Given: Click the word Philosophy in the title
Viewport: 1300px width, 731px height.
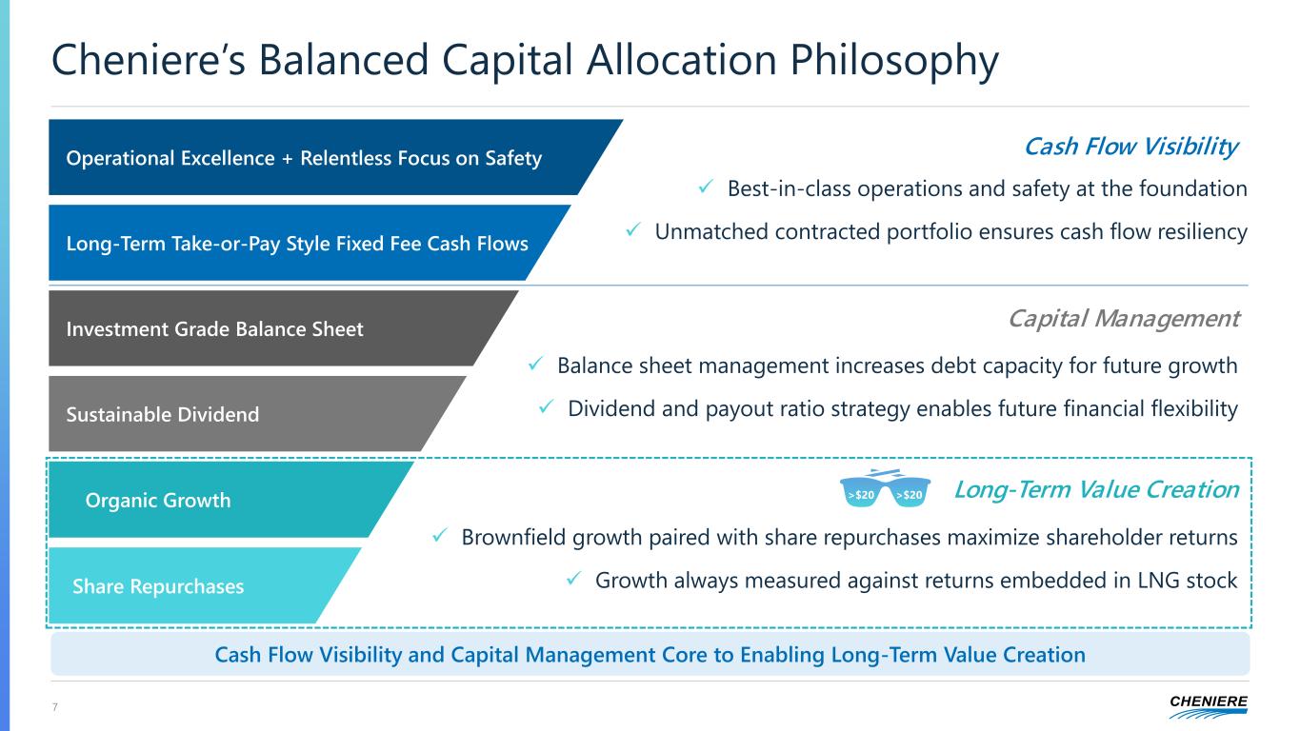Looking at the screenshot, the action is [893, 60].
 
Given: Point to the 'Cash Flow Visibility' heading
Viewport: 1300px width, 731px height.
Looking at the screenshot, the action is [1131, 147].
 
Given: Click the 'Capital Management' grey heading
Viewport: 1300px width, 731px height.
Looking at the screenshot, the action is [1124, 319].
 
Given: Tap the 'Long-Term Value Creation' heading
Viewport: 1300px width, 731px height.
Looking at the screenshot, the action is [1097, 489].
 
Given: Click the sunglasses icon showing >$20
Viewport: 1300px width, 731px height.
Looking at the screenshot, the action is [885, 488].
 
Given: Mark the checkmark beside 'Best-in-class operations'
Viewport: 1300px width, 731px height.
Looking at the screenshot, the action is [706, 187].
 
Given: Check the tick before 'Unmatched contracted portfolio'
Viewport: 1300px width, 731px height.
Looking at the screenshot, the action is [633, 229].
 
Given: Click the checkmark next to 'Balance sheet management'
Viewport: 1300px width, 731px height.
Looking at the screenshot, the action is [535, 364].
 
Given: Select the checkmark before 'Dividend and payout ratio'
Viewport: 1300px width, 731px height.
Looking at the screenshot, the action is [546, 406].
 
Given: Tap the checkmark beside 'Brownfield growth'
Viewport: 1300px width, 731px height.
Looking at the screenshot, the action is [440, 536].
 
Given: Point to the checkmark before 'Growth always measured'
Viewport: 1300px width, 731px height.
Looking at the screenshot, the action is [573, 579].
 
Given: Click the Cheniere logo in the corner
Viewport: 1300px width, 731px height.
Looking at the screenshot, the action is [1209, 706].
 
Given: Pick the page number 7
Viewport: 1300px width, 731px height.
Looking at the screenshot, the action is [55, 706].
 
